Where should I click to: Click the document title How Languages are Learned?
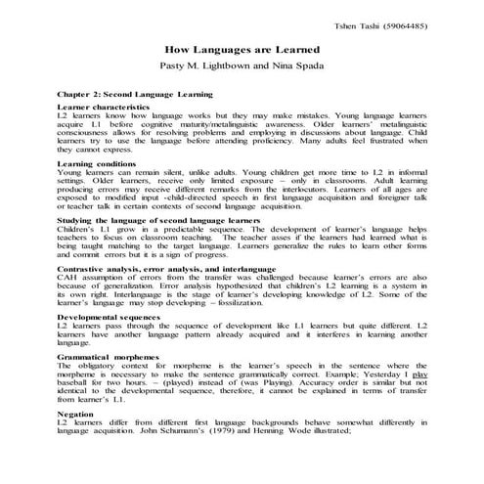(x=242, y=46)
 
